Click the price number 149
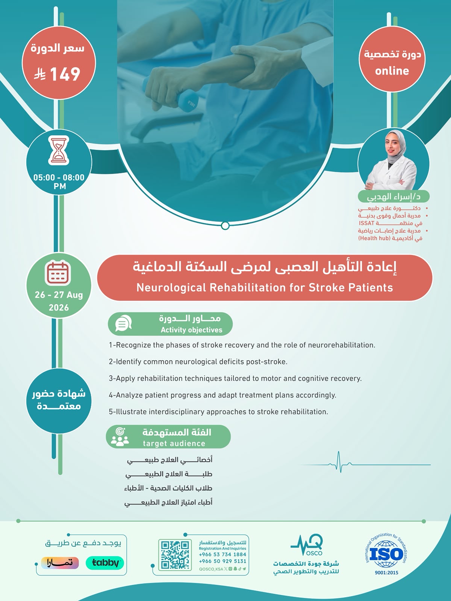tap(65, 74)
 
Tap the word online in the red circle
tap(392, 71)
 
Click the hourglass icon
tap(59, 150)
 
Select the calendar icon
tap(58, 273)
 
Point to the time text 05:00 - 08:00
tap(59, 177)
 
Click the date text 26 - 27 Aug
tap(59, 295)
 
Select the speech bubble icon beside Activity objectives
tap(123, 323)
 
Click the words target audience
tap(174, 444)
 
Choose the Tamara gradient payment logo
tap(60, 563)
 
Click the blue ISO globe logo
tap(386, 554)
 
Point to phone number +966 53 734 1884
tap(222, 554)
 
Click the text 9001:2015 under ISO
tap(386, 573)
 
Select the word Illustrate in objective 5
tap(132, 412)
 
